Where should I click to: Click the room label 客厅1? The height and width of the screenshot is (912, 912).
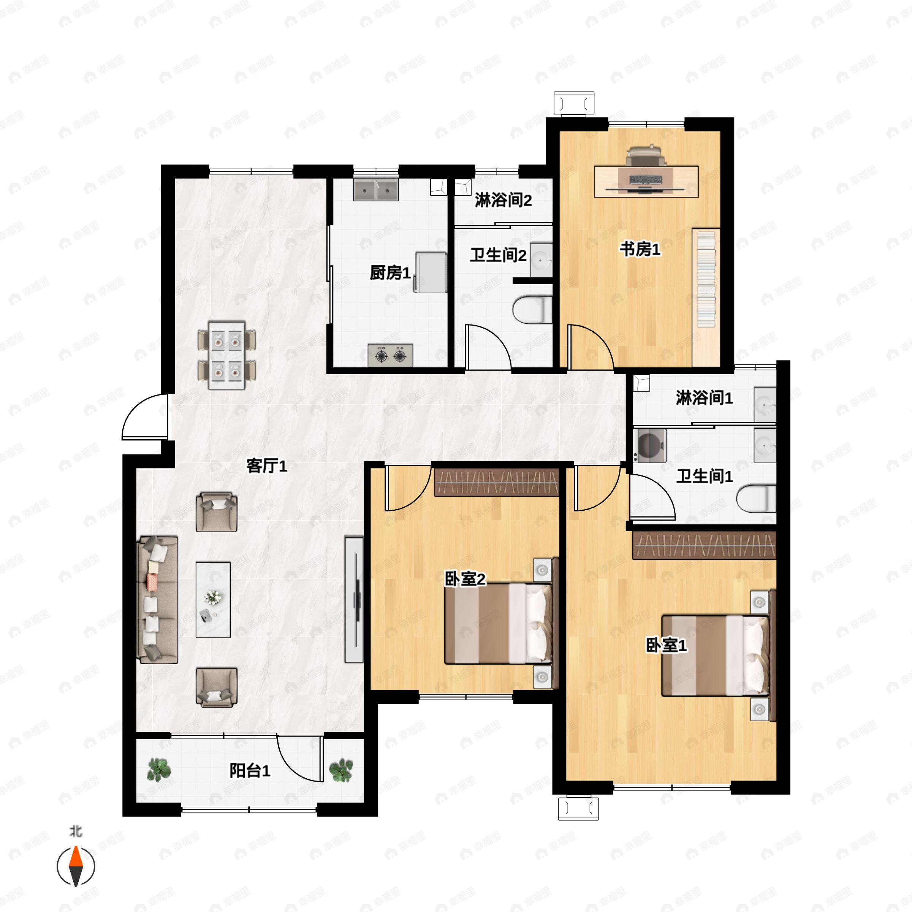(267, 466)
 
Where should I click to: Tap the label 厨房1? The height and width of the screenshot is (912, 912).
(390, 272)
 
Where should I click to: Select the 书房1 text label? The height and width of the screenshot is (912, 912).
(640, 249)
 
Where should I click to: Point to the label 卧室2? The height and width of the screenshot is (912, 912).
(465, 579)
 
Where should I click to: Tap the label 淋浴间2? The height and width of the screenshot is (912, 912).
(503, 200)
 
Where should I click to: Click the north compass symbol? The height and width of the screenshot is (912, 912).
(76, 866)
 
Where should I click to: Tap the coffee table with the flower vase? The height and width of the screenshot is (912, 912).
(213, 600)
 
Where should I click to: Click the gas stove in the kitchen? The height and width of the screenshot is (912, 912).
(390, 355)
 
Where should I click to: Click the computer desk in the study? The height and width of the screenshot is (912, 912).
(646, 180)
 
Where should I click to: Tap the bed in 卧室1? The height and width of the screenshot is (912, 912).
(717, 655)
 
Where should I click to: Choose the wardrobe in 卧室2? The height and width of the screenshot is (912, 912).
(497, 482)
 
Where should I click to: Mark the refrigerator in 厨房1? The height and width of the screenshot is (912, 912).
(431, 272)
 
